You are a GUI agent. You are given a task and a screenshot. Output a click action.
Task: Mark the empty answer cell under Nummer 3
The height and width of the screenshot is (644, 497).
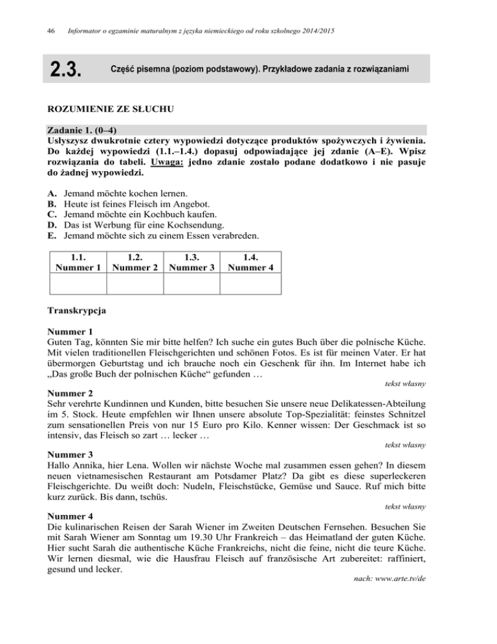coord(192,284)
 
